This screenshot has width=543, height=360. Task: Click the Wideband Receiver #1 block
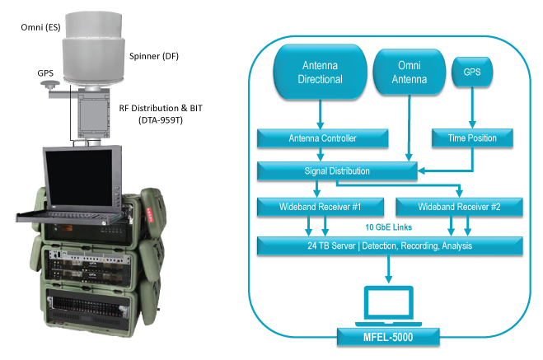(x=317, y=205)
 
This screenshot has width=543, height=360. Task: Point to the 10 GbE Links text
(x=388, y=225)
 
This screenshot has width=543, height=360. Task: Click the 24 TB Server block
(x=389, y=245)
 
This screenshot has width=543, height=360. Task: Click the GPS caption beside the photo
(x=45, y=73)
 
